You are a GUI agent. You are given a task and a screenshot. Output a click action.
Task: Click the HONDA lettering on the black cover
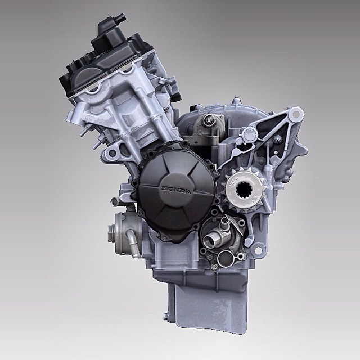click(176, 189)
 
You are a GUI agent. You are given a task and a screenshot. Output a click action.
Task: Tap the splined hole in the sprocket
click(244, 189)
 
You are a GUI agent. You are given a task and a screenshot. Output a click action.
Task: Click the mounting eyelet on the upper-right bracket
click(296, 114)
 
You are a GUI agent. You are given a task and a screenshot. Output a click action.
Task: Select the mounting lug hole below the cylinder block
click(112, 152)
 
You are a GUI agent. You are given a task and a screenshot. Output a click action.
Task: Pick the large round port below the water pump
click(226, 259)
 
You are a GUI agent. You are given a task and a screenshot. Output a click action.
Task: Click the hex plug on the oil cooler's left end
click(111, 233)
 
